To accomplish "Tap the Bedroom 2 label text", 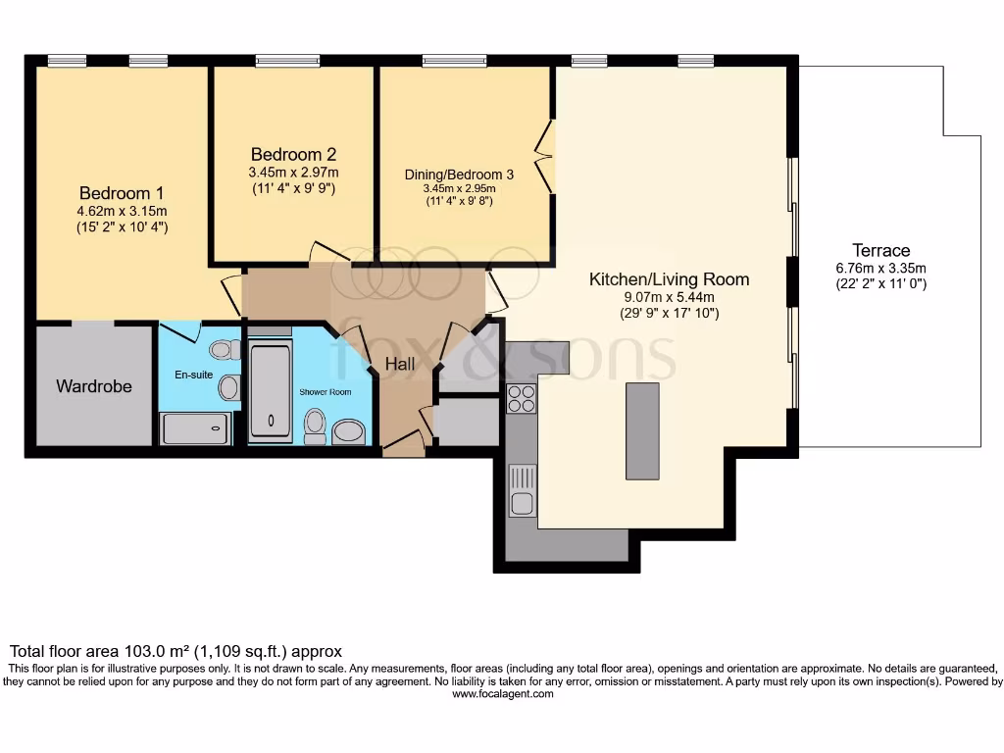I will pos(293,154).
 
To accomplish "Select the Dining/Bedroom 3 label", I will pos(459,175).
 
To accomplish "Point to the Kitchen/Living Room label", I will pos(669,279).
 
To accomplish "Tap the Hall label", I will pos(399,364).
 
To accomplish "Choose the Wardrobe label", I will pos(94,386).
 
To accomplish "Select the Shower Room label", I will pos(325,392).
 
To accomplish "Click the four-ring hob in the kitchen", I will pos(522,399).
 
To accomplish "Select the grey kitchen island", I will pos(642,430).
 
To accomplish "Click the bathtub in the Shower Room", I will pos(270,391).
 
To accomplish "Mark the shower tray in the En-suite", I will pos(195,428).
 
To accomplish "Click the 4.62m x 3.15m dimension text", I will pos(123,211).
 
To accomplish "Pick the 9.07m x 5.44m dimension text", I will pos(669,297).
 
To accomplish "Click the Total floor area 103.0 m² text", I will pos(176,650).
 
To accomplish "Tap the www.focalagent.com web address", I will pos(502,693).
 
